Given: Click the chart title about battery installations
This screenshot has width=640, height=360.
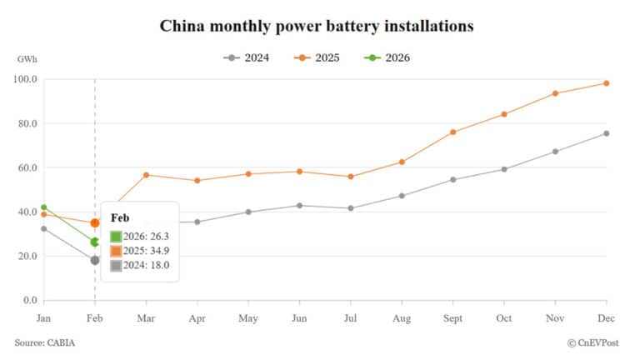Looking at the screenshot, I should (x=317, y=26).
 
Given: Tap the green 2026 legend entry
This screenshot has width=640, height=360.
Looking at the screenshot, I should (x=393, y=57).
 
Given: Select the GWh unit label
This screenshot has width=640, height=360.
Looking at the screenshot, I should (x=27, y=59).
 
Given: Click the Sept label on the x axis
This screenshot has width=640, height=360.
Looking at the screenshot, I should (x=452, y=318).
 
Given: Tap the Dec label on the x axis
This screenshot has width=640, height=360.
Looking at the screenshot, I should (x=606, y=318).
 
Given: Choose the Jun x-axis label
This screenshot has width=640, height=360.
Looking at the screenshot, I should (x=299, y=318).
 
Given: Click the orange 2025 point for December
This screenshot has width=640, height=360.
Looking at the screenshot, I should (x=606, y=83).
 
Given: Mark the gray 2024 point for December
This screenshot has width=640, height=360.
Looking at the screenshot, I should (x=606, y=133).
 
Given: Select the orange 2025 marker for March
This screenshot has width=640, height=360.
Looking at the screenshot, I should (x=146, y=175).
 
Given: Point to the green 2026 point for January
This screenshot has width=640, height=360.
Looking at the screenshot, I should (x=43, y=207).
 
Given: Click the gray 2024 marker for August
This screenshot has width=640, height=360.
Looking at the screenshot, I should (x=402, y=196).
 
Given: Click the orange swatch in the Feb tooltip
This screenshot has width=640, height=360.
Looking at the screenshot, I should (x=116, y=252).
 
